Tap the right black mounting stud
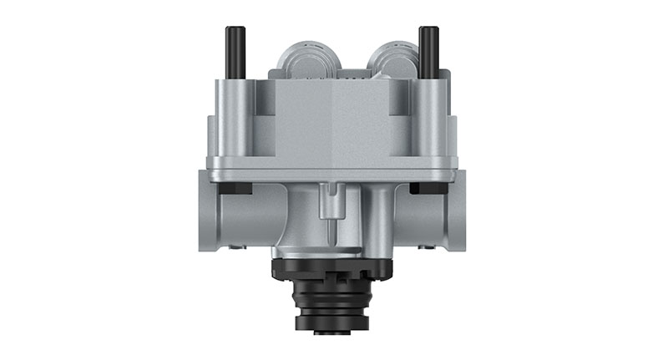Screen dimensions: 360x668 [429, 52]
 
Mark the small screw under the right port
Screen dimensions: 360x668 [430, 248]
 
